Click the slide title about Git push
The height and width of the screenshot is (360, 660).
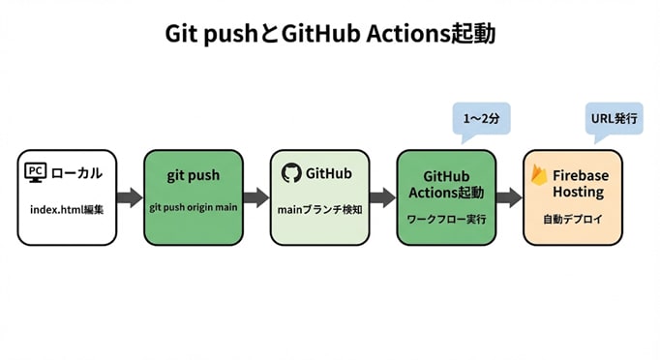click(x=329, y=36)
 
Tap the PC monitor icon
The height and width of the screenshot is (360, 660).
click(x=35, y=173)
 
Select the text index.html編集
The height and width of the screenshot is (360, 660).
click(x=66, y=209)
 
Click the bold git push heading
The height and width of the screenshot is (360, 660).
click(x=193, y=176)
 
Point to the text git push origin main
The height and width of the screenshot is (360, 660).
click(x=193, y=207)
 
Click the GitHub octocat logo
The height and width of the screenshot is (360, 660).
click(x=290, y=172)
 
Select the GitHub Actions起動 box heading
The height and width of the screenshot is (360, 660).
click(x=446, y=183)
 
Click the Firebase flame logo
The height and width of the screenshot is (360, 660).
click(x=538, y=176)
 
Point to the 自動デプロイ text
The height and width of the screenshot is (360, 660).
click(x=572, y=220)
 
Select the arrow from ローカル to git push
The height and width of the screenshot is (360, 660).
click(x=130, y=196)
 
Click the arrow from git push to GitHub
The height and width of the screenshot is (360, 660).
click(x=255, y=196)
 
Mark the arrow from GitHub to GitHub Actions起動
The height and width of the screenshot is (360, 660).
click(x=382, y=196)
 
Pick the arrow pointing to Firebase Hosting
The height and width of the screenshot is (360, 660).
click(x=509, y=196)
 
